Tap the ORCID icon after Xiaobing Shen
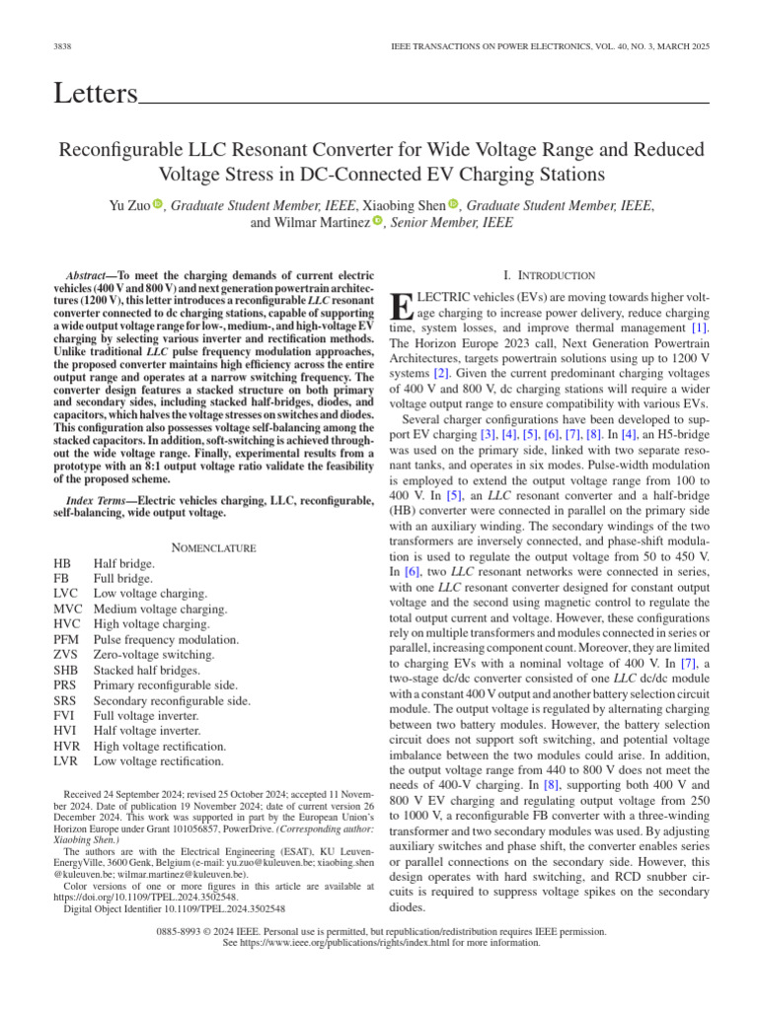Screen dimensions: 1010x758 coord(454,203)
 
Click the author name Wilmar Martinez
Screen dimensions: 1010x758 coord(323,223)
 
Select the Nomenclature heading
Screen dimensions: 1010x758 coord(214,547)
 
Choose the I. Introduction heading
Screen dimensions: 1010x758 coord(550,275)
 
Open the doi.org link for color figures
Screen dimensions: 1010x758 coord(144,897)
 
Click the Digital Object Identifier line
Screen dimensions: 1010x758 coord(174,908)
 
